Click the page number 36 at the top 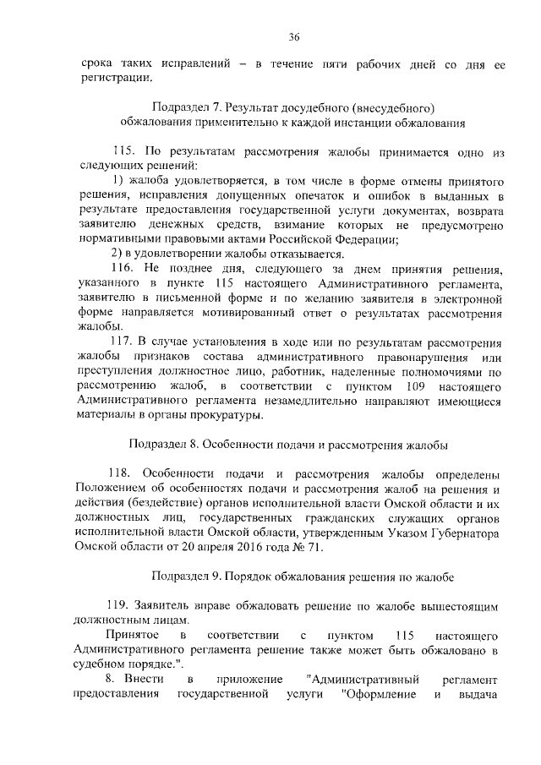tap(293, 36)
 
